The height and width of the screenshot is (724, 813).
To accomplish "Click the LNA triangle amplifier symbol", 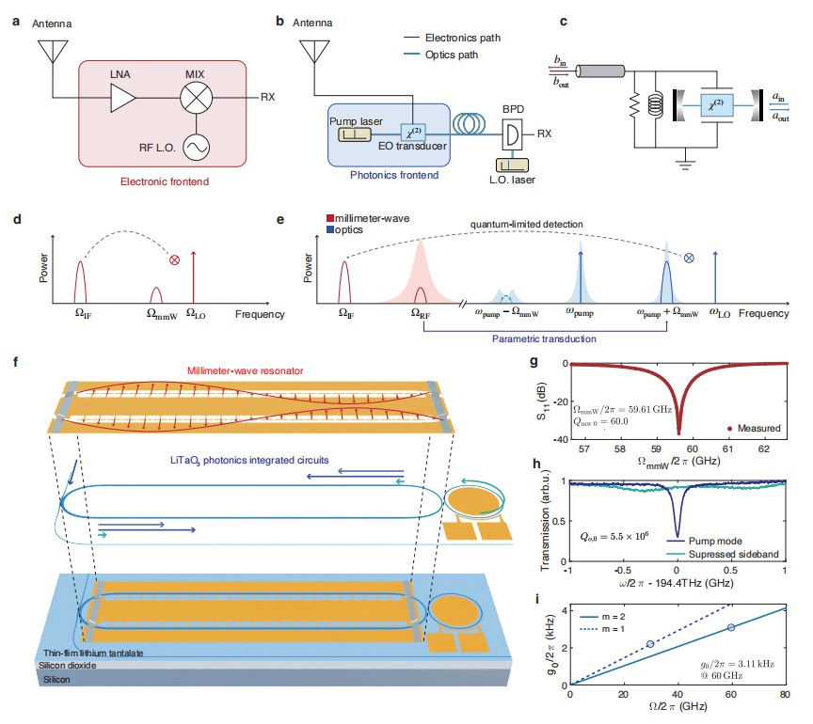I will [122, 97].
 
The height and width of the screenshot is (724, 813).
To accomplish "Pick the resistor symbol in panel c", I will [633, 105].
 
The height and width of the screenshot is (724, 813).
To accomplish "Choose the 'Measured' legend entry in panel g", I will [754, 429].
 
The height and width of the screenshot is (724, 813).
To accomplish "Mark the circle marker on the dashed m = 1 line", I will [650, 644].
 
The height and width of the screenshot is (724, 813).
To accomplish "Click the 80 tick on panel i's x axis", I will [784, 694].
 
